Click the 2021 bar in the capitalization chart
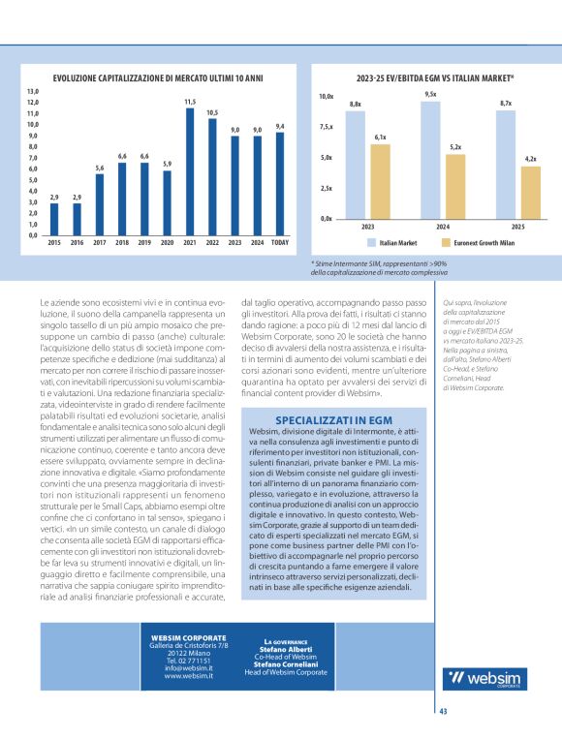(x=190, y=171)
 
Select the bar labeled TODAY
(x=280, y=183)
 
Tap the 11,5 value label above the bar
(x=190, y=102)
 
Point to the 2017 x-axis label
(x=100, y=243)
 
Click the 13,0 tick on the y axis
(x=32, y=91)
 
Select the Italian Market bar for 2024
(x=430, y=160)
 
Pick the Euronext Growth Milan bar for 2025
(x=530, y=192)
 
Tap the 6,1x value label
(x=380, y=138)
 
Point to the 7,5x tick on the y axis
(x=326, y=127)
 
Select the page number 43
(x=443, y=711)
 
